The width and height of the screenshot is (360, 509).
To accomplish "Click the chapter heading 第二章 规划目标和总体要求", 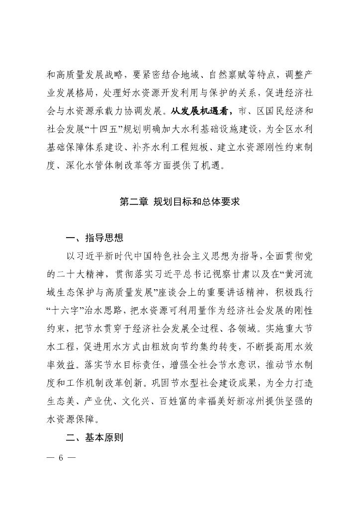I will click(180, 203).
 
